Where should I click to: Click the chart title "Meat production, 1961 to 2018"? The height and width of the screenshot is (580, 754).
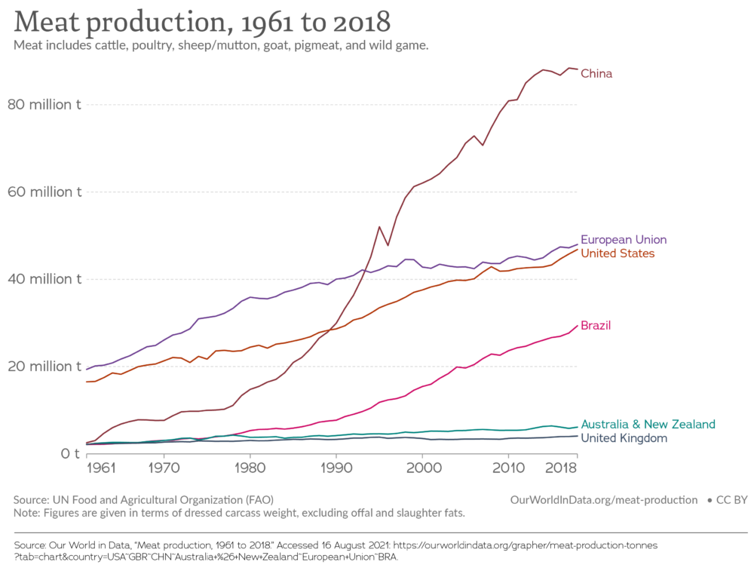201,22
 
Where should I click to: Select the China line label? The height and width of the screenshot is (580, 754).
596,74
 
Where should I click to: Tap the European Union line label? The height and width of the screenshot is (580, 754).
624,240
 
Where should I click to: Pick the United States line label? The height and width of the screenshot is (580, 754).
618,253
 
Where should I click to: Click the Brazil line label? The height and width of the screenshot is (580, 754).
596,326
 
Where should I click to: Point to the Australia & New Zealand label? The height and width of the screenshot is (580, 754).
648,425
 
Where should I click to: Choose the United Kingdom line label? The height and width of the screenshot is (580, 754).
624,438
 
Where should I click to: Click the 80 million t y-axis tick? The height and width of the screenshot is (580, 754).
44,105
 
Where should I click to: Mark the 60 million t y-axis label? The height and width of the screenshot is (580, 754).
44,192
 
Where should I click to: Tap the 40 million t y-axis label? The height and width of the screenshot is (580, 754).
44,279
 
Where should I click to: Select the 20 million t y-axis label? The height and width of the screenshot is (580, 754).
44,367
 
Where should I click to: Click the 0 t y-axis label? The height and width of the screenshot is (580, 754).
70,454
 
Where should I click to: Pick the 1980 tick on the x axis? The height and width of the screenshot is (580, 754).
249,468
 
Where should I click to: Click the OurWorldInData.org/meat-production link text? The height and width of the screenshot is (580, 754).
604,500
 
